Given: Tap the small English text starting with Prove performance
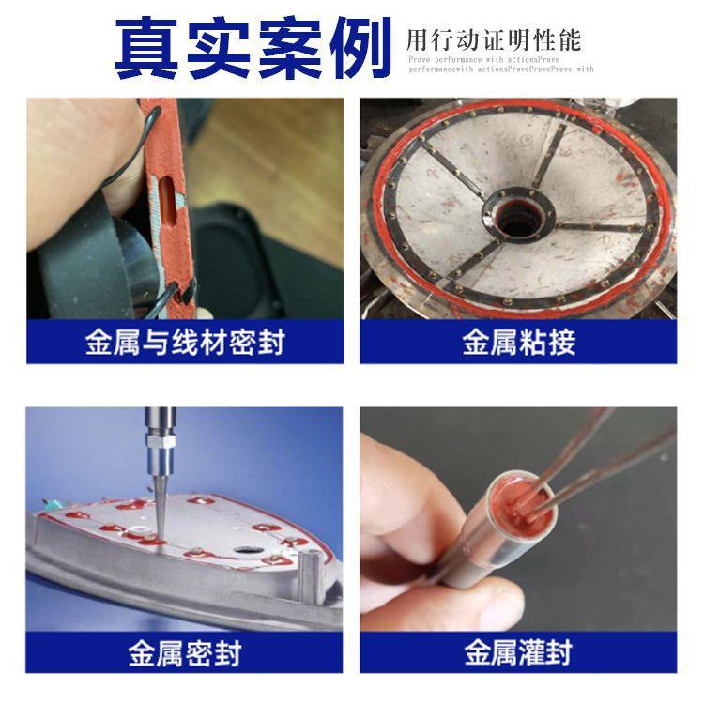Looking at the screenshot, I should coord(500,63).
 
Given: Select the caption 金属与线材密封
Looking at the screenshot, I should coord(185,343).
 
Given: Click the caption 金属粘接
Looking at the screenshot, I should coord(518,343).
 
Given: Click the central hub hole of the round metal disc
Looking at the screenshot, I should coord(514,223).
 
